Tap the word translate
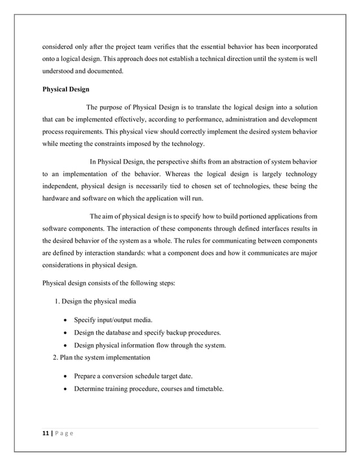213,107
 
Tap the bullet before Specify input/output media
68,320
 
